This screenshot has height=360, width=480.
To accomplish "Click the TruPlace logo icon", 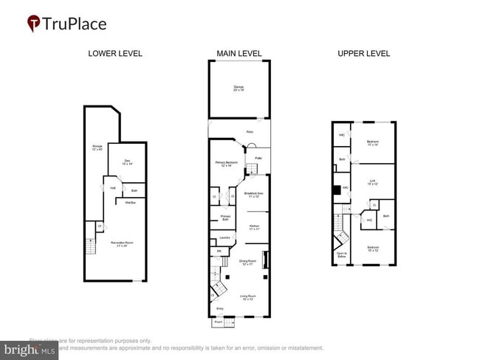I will point(34,24).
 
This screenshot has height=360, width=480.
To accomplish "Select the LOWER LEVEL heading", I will point(115,54).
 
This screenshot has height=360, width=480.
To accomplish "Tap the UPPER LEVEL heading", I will point(363,54).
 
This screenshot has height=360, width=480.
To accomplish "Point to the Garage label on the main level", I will point(239,89).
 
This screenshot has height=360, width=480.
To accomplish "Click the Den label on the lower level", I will point(126,163).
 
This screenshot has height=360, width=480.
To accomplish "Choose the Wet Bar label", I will point(130,202).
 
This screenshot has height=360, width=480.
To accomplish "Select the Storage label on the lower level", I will point(97,148).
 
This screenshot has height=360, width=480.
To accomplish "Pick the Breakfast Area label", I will point(254,195).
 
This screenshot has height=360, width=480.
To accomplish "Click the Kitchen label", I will point(254,227).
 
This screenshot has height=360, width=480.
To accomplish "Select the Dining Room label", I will point(247,262).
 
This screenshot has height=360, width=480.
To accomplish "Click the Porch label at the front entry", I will point(219,322).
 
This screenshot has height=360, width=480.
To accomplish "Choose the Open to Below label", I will point(341,255).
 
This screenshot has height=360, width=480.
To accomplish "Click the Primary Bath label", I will point(225,218).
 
